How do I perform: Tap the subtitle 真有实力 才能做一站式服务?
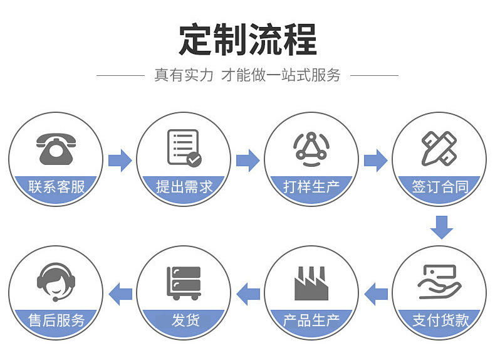247,75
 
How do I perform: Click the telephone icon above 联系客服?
56,149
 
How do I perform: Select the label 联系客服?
56,186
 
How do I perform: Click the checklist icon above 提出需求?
184,148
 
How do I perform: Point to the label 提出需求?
184,186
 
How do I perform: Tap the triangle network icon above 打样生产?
311,149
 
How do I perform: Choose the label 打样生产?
311,186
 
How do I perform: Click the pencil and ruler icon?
439,149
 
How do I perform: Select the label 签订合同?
440,186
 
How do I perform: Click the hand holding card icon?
439,282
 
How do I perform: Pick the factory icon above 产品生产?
312,283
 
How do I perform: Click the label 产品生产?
311,320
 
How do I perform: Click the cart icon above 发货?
184,283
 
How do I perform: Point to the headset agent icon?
56,283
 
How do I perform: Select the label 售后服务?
56,320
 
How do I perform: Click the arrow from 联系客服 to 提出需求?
120,160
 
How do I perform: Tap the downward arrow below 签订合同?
441,226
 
